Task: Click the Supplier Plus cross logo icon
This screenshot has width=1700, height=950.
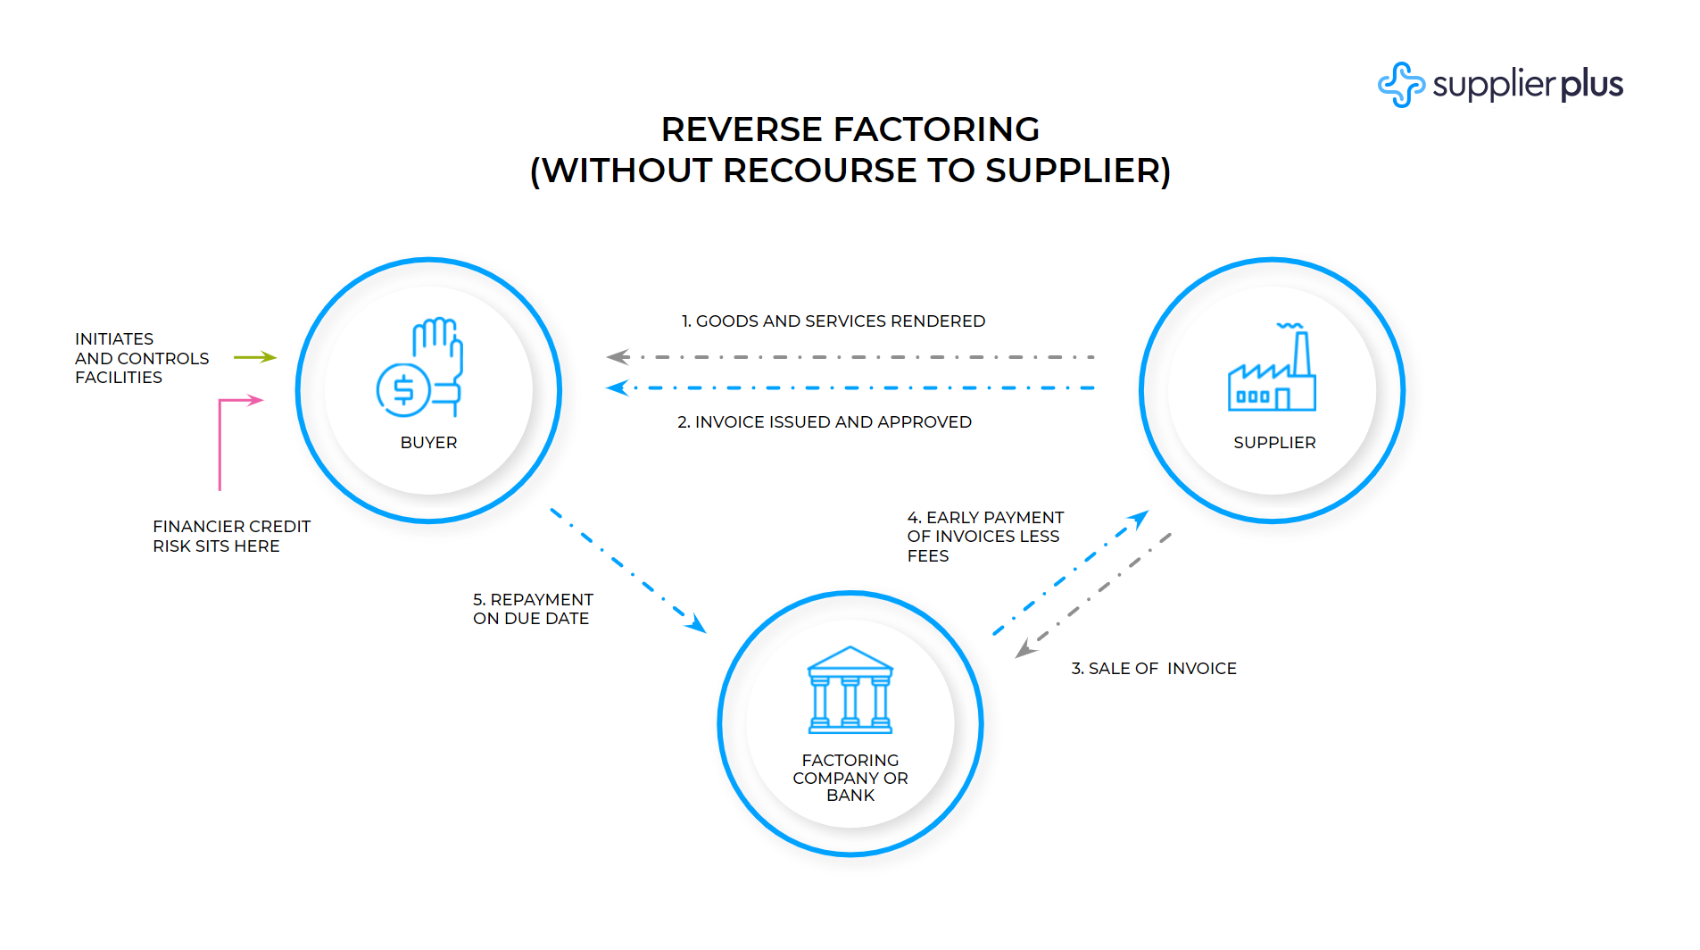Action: pos(1401,85)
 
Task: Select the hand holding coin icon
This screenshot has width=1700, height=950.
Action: pos(419,367)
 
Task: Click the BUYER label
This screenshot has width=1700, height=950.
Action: pos(428,443)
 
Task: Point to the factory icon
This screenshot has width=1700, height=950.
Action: pos(1272,367)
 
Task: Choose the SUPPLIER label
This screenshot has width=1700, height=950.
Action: pos(1274,443)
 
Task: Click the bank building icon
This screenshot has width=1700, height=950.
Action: pos(850,690)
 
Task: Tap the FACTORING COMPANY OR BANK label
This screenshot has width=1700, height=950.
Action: pos(850,778)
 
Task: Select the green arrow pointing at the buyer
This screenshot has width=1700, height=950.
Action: pos(255,357)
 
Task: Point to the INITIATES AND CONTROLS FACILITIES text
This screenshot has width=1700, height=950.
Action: pos(142,358)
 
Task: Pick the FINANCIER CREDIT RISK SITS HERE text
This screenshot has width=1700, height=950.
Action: pos(231,537)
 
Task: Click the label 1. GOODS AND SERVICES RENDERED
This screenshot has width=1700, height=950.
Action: pos(833,321)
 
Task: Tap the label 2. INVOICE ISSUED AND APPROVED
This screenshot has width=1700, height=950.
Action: pos(825,422)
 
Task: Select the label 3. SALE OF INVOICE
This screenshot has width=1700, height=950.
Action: pos(1154,669)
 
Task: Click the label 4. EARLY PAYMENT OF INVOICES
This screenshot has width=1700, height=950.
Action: pos(985,537)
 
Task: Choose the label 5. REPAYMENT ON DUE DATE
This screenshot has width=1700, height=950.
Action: pos(533,609)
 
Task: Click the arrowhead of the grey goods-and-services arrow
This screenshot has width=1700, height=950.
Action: pos(618,357)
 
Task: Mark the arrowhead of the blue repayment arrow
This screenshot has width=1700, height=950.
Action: pos(696,623)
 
